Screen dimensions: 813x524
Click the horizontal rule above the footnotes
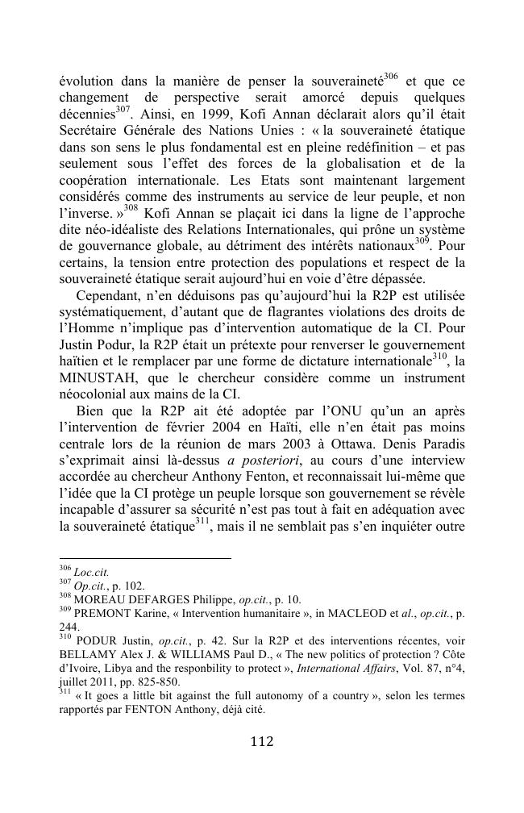pyautogui.click(x=145, y=557)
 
